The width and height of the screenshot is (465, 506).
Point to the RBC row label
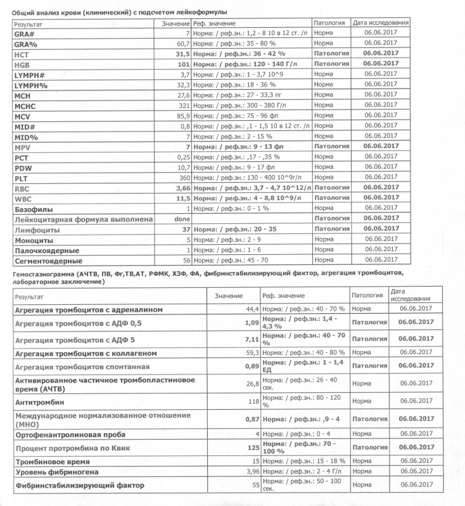coord(22,188)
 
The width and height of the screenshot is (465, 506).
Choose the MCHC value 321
coord(183,104)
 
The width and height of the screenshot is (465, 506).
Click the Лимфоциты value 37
coord(185,229)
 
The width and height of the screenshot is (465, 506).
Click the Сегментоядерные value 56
coord(185,260)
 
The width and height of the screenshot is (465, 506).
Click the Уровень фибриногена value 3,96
coord(250,472)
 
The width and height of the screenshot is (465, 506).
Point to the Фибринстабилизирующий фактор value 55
coord(255,485)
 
